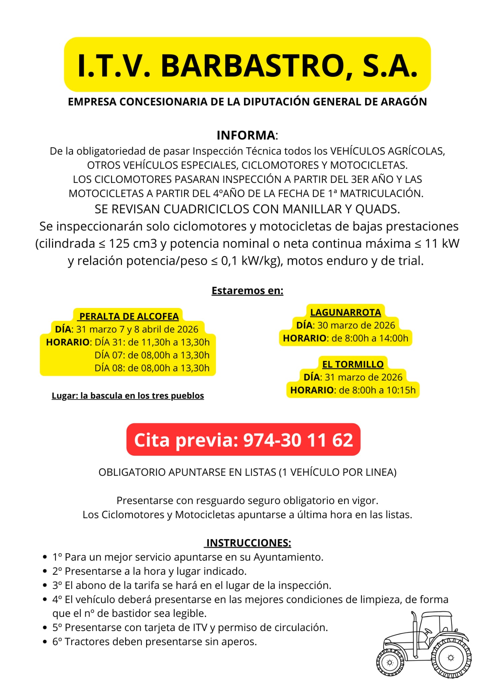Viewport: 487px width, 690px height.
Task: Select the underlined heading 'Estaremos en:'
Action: click(x=247, y=290)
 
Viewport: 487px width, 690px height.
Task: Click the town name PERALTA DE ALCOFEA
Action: click(x=129, y=316)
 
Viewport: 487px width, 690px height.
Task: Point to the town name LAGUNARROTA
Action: click(x=346, y=312)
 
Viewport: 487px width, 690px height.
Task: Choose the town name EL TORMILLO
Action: click(x=353, y=364)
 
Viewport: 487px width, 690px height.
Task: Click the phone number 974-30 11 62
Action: click(x=298, y=440)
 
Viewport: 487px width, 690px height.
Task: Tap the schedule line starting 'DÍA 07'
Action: click(x=152, y=355)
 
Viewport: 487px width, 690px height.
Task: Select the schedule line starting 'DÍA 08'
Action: click(x=152, y=368)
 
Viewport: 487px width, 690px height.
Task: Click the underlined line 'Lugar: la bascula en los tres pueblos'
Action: click(x=128, y=396)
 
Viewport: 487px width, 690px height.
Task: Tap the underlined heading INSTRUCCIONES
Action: click(x=248, y=543)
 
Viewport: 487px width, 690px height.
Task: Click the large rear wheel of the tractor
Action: click(x=451, y=658)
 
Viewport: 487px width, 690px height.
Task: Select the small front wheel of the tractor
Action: click(x=390, y=662)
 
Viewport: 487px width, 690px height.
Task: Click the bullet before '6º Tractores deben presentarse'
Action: click(x=45, y=642)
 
